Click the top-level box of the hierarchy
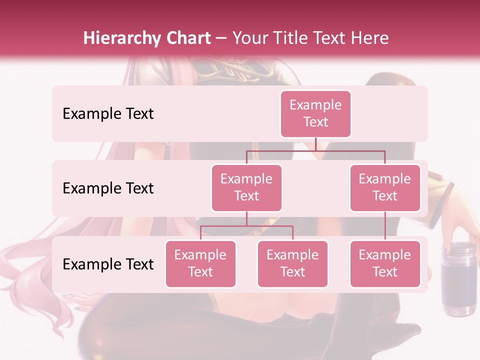coord(315,113)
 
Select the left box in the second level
coord(246,187)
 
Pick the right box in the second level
coord(385,187)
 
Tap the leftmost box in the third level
coord(200,263)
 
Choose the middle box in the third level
coord(292,263)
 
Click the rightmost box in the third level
coord(385,263)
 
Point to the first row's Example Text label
coord(108,114)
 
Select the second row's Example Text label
coord(108,188)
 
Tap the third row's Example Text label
coord(108,264)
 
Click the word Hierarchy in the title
coord(121,38)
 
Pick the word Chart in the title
coord(187,38)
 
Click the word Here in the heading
coord(369,38)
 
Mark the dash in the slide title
coord(221,38)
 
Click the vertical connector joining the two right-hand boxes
coord(385,226)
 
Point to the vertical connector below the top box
coord(315,144)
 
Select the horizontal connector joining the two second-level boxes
coord(315,150)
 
